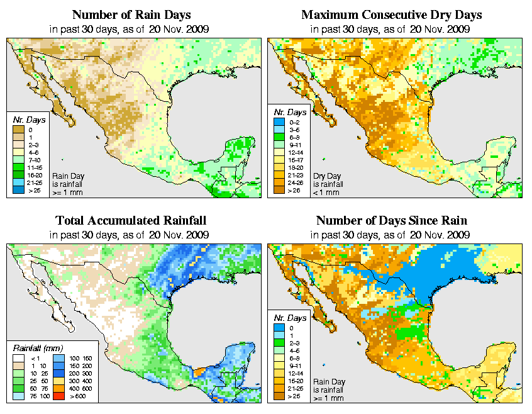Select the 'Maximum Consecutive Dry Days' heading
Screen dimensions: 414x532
[391, 14]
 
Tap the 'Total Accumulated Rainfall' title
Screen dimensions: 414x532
[130, 221]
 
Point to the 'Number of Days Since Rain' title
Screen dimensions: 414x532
[391, 221]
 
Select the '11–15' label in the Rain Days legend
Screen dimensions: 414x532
[33, 168]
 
